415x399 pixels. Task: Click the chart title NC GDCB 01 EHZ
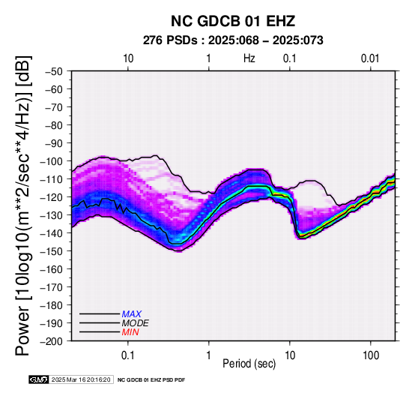click(x=233, y=21)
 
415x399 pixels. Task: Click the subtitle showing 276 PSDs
click(x=233, y=40)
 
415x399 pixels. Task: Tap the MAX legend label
click(x=131, y=314)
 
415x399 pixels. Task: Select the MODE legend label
click(x=136, y=323)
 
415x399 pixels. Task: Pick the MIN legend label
click(x=130, y=332)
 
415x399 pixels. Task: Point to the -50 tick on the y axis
click(x=54, y=71)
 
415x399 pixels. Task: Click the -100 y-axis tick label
click(x=52, y=161)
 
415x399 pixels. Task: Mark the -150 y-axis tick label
click(x=52, y=251)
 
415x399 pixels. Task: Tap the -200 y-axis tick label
click(x=52, y=341)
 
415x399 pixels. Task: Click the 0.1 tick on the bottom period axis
click(x=128, y=355)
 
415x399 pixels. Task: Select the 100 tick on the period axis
click(x=371, y=355)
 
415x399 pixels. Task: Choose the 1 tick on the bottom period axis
click(x=209, y=355)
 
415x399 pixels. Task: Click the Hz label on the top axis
click(x=249, y=58)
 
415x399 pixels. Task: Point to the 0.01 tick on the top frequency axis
click(x=370, y=58)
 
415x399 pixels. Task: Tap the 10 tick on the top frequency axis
click(x=128, y=58)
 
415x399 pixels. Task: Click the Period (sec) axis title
click(x=249, y=364)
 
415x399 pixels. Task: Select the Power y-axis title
click(x=22, y=205)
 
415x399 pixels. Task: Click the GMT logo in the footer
click(x=38, y=379)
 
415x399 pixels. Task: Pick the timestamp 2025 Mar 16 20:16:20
click(x=81, y=379)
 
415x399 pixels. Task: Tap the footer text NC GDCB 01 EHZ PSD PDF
click(x=151, y=380)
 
